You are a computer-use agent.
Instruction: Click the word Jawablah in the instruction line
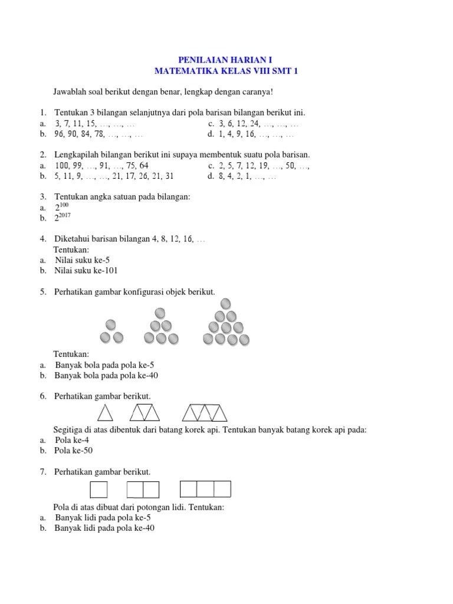(x=70, y=93)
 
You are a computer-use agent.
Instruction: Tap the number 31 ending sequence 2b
(x=169, y=176)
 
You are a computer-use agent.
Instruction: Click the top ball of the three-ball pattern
(x=111, y=325)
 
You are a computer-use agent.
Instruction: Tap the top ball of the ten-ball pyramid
(x=225, y=304)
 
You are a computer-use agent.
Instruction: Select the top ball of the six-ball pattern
(x=160, y=313)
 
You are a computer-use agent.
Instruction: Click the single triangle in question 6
(x=105, y=412)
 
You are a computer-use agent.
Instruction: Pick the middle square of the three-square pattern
(x=205, y=490)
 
